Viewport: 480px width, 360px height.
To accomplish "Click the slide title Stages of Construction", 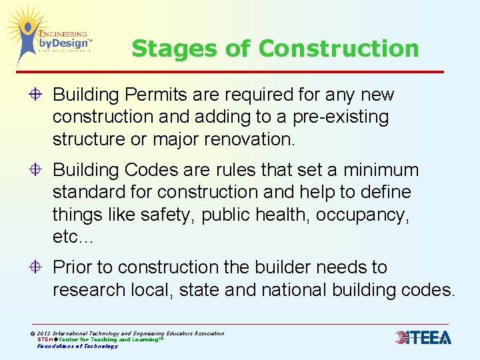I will [x=275, y=48].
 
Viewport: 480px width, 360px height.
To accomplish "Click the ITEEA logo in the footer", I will [x=423, y=337].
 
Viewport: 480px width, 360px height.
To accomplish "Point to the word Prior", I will [x=72, y=267].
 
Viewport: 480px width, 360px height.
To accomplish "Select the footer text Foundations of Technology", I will [x=77, y=346].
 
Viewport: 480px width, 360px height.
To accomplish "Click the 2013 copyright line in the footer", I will [x=130, y=333].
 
